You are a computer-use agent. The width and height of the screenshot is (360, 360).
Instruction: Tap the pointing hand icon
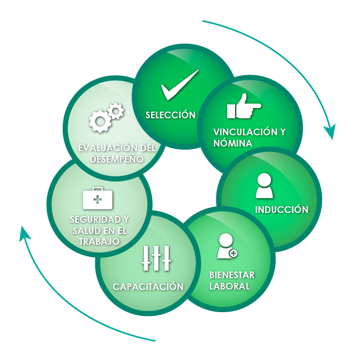[x=243, y=107]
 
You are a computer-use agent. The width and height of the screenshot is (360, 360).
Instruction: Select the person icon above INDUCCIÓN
[x=264, y=186]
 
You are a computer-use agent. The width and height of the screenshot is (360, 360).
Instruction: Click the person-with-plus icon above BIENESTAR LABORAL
[x=227, y=246]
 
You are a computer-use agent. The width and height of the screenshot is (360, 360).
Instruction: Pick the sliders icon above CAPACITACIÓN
[x=156, y=258]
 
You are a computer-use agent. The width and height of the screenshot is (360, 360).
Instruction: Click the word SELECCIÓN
[x=170, y=115]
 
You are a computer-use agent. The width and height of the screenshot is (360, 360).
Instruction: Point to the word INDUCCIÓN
[x=282, y=210]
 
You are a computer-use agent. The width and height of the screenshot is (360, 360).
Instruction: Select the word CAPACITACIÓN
[x=148, y=286]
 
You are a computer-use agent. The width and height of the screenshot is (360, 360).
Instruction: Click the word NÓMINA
[x=233, y=143]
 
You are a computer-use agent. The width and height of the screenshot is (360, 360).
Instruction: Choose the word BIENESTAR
[x=232, y=275]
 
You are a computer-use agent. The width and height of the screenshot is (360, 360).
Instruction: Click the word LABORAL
[x=229, y=286]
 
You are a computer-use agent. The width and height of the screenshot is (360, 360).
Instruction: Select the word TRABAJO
[x=99, y=241]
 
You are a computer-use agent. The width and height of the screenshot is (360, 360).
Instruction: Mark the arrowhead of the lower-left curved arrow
[x=24, y=234]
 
